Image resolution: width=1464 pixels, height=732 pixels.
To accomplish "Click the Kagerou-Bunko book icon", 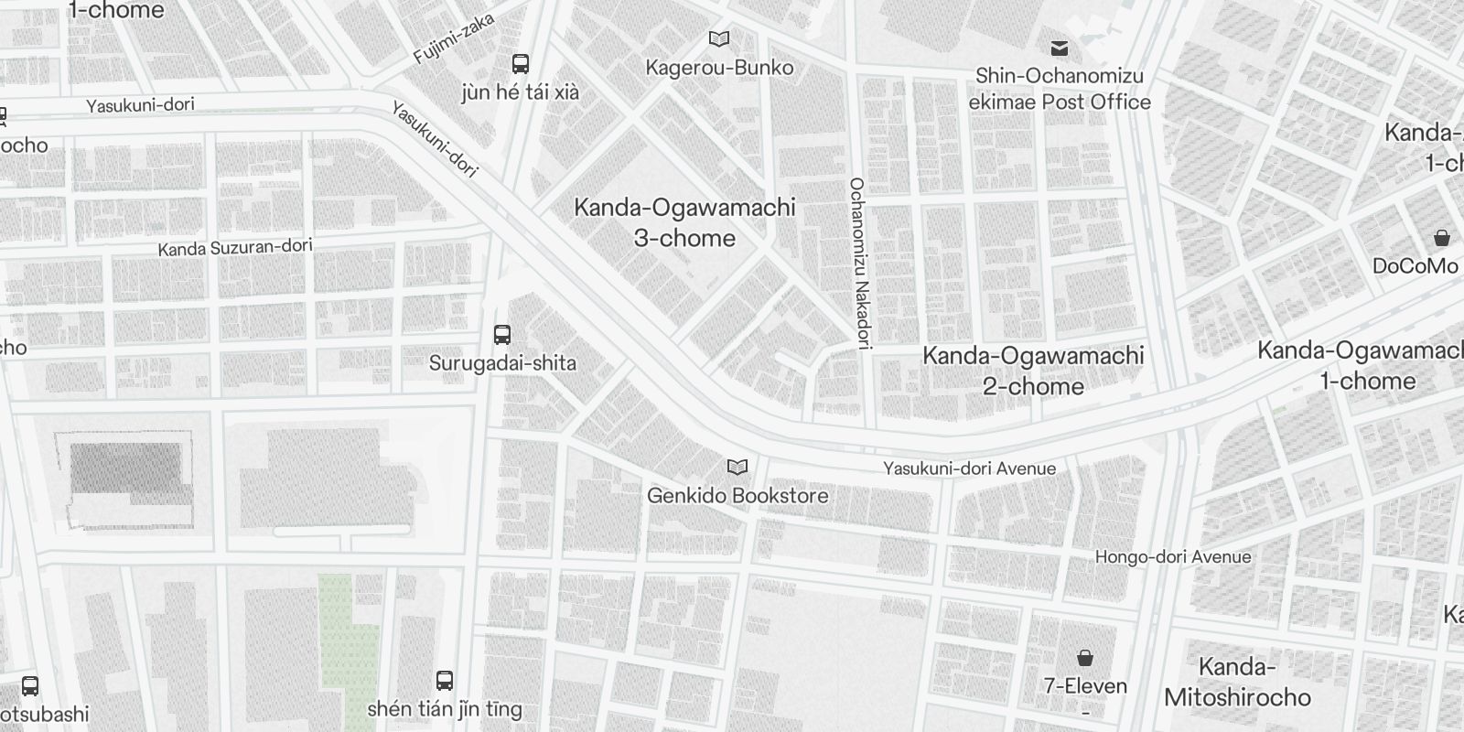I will point(720,39).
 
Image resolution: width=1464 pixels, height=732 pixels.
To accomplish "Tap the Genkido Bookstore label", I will point(737,496).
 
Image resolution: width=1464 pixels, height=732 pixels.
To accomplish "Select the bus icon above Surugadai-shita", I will point(502,335).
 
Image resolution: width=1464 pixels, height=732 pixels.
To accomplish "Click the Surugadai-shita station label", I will point(502,363).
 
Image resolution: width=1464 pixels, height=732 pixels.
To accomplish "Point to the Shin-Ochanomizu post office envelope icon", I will point(1060,48).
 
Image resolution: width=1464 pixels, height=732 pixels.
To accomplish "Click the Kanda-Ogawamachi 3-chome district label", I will point(684,222).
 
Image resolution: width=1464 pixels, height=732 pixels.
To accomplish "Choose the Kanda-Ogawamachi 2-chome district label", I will point(1033,371).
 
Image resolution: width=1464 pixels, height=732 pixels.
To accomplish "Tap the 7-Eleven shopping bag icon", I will point(1085,658).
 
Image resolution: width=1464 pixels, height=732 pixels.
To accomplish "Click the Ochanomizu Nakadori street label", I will point(857,264).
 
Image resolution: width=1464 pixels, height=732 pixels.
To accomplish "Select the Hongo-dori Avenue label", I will point(1172,556).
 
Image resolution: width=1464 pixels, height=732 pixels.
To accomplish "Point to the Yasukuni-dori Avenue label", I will point(969,468).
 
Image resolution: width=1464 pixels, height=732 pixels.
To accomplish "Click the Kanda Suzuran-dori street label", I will point(235,247).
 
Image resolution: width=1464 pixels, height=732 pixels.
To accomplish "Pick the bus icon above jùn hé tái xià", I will point(521,64).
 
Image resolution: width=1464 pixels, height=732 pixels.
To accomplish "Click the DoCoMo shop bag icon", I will point(1442,239).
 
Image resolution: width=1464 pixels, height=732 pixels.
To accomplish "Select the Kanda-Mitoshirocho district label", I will point(1237,683).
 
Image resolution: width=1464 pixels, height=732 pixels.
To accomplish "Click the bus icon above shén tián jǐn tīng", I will point(445,681).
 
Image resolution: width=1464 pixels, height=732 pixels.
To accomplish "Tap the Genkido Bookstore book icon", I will point(737,468).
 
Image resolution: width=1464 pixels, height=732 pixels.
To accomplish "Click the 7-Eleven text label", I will point(1085,685).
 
